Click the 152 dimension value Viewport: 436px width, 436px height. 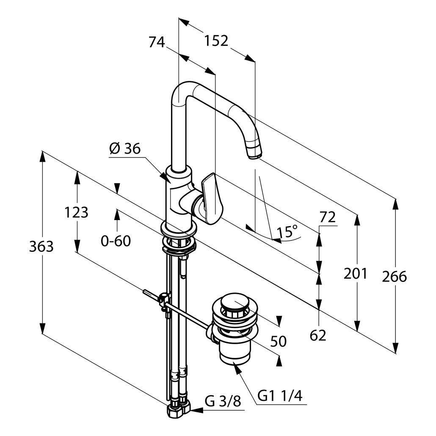click(x=216, y=41)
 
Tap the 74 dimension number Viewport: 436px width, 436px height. click(x=157, y=42)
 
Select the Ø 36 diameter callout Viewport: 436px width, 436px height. click(x=124, y=149)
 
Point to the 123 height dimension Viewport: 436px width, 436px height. click(x=76, y=212)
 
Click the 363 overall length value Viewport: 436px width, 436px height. click(x=41, y=246)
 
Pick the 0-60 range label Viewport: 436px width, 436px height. click(x=116, y=241)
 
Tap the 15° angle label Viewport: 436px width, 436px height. click(x=288, y=232)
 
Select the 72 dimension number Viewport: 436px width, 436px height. click(x=327, y=218)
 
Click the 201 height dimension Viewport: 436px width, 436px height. click(x=355, y=274)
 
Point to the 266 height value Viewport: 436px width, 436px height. click(x=394, y=277)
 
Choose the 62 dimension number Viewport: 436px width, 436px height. click(x=318, y=335)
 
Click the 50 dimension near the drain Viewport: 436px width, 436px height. click(x=278, y=341)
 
